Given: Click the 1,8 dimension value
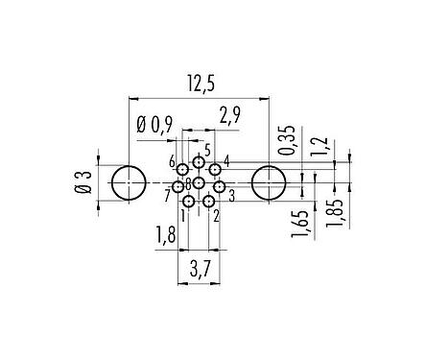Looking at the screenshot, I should pos(166,233).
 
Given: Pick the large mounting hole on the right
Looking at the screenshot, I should pos(269,182).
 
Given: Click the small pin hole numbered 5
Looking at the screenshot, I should pos(199,162).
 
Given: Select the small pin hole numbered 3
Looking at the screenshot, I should pos(219,186).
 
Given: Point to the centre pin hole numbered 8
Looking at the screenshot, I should pos(199,182).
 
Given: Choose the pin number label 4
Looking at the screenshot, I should pos(226,159).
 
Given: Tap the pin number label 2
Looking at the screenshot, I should pos(217,215).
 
